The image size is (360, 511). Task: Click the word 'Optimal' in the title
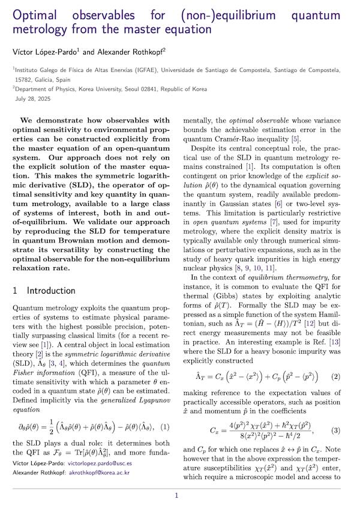tap(38, 14)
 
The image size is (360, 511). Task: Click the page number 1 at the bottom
tap(176, 495)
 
